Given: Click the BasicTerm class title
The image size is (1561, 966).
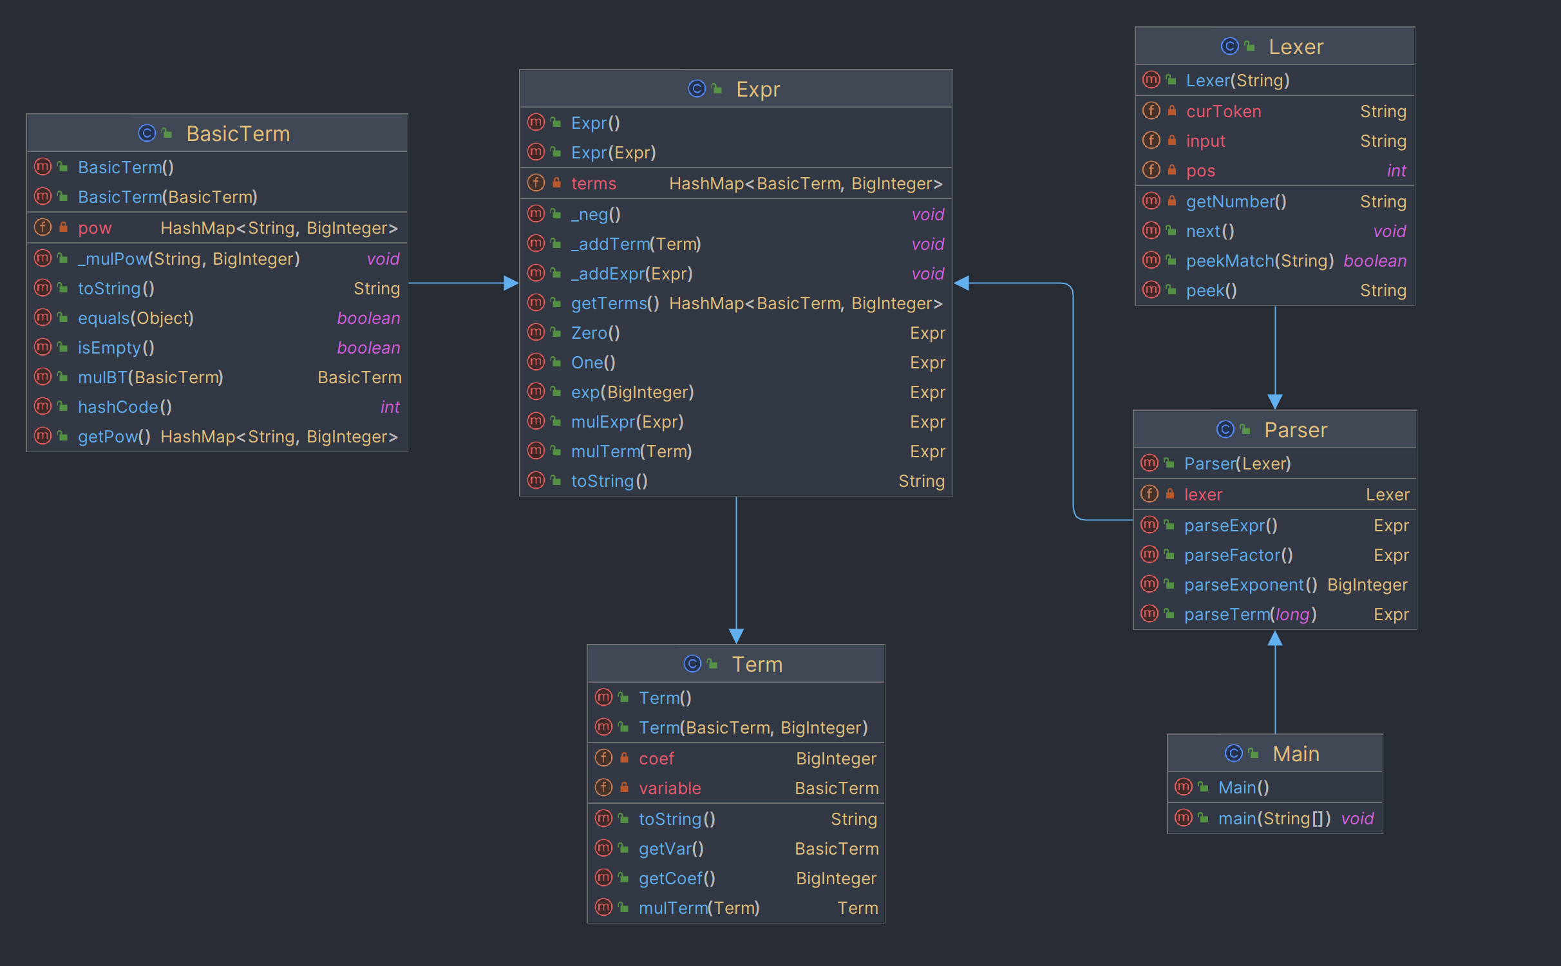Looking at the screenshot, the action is [x=238, y=134].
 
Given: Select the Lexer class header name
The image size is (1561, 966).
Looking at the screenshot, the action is [x=1296, y=47].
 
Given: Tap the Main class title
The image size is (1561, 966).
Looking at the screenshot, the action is [x=1296, y=753].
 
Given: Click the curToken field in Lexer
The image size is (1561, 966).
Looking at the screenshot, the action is [x=1224, y=111].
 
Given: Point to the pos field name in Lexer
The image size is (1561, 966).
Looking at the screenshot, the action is [x=1200, y=171].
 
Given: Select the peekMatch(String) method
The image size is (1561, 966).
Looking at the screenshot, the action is [x=1260, y=261].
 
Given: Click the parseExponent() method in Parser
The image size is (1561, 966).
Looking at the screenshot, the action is [x=1251, y=585].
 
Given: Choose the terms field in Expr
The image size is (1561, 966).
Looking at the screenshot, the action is [x=594, y=184].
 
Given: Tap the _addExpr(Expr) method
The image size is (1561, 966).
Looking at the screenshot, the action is [x=632, y=274].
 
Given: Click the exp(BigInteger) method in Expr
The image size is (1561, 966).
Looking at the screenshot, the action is [x=632, y=392].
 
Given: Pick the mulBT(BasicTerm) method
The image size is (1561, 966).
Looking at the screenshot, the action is [x=151, y=377].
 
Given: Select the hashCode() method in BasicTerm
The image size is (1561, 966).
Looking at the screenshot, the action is [x=125, y=407].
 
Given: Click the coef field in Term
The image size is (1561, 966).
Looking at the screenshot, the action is [x=656, y=759].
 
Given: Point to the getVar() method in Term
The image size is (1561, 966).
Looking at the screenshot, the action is [x=671, y=849].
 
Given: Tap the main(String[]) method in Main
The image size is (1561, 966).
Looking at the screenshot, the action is [x=1274, y=819].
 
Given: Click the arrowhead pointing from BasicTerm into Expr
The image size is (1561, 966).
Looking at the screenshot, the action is [x=511, y=283].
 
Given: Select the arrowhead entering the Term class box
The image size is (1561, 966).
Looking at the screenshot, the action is [x=736, y=636].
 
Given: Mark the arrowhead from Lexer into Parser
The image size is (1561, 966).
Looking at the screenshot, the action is [x=1275, y=402].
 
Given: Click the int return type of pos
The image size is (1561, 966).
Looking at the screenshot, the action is [x=1396, y=171].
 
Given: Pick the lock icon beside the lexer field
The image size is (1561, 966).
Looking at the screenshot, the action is [x=1170, y=494].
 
